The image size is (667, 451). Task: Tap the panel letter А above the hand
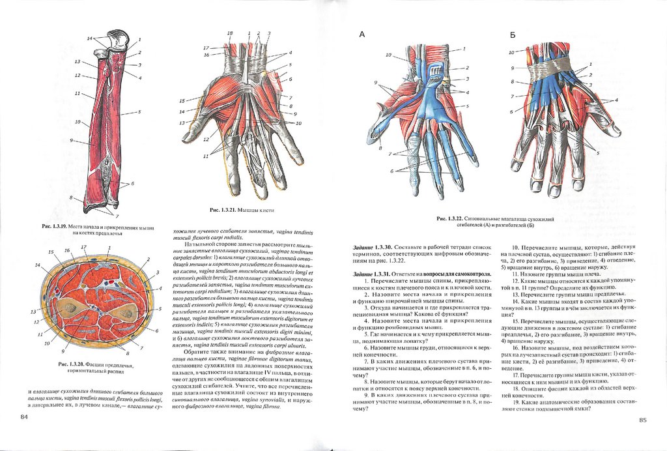(x=363, y=35)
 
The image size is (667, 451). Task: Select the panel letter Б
(x=513, y=35)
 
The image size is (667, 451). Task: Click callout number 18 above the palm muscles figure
(x=229, y=33)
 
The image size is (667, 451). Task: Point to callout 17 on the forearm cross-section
(x=83, y=247)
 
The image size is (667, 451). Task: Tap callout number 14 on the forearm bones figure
(x=90, y=39)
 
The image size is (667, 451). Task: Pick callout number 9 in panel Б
(x=513, y=68)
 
